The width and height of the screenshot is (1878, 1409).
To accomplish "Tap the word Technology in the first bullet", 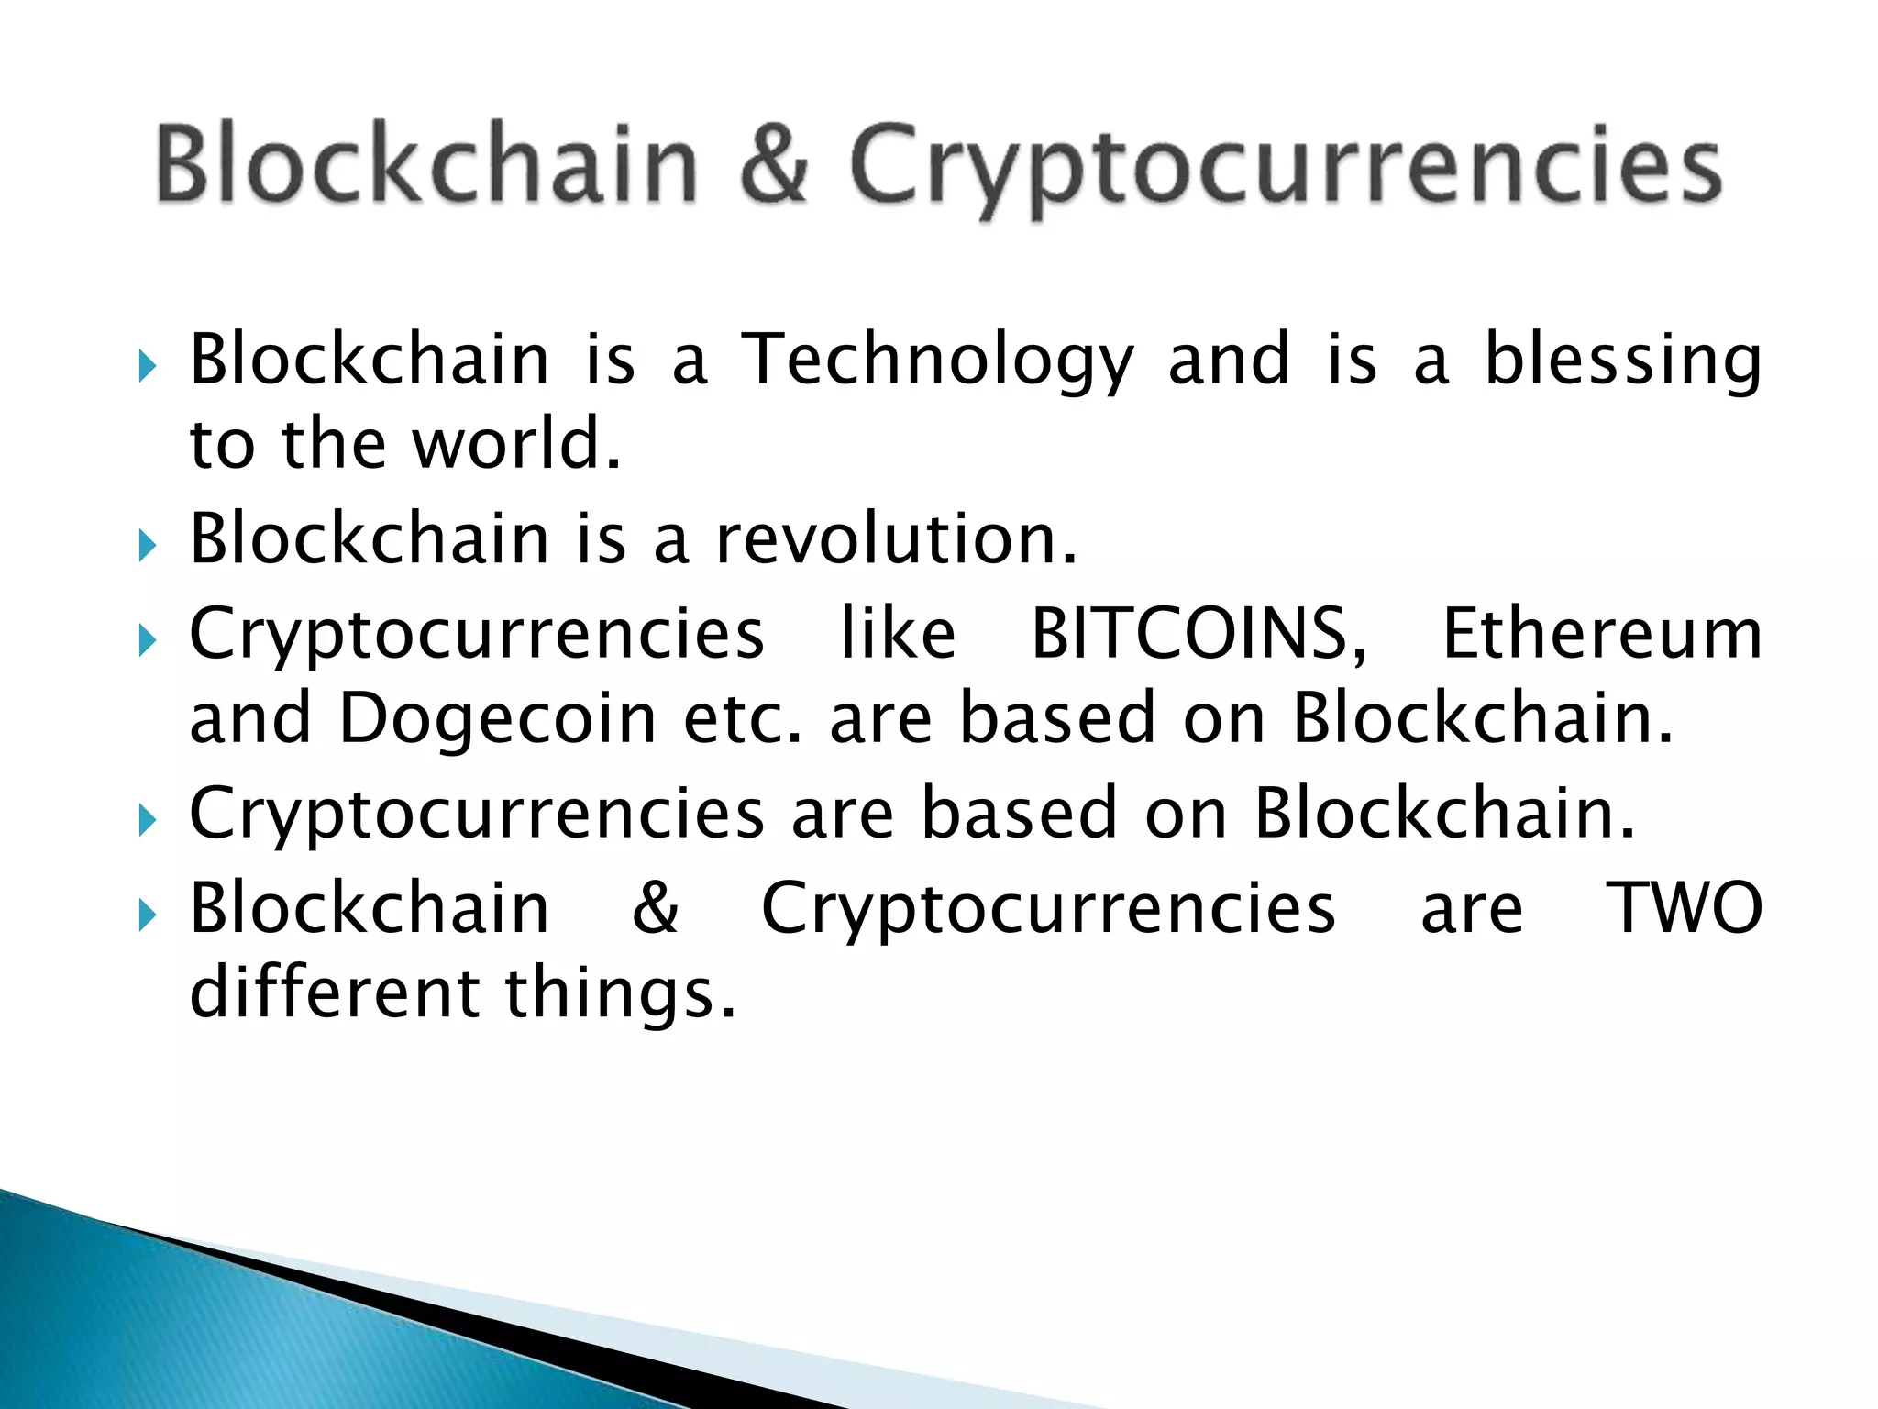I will click(938, 361).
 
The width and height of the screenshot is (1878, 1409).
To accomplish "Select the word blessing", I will click(1622, 361).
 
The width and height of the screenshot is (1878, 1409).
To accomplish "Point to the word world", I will click(516, 444).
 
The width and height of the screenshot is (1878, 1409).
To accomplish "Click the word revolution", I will click(895, 538).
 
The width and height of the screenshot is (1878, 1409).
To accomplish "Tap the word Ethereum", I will click(1602, 634).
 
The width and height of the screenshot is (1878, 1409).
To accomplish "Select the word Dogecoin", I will click(498, 718).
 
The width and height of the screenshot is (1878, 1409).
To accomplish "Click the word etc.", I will click(742, 718).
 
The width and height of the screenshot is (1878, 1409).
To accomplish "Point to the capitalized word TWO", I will click(1685, 908).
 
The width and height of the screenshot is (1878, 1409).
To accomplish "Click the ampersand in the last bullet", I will click(655, 908).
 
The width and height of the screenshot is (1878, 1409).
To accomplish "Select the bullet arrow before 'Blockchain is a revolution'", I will click(147, 547).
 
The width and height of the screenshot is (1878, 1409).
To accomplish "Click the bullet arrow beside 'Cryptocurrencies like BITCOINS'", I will click(147, 641).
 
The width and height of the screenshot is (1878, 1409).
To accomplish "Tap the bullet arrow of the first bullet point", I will click(147, 367).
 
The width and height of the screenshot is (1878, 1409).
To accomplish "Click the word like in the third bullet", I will click(898, 634).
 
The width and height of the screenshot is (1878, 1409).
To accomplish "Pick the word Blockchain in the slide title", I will click(426, 165).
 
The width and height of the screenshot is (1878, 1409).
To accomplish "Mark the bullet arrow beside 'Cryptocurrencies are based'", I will click(147, 820).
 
